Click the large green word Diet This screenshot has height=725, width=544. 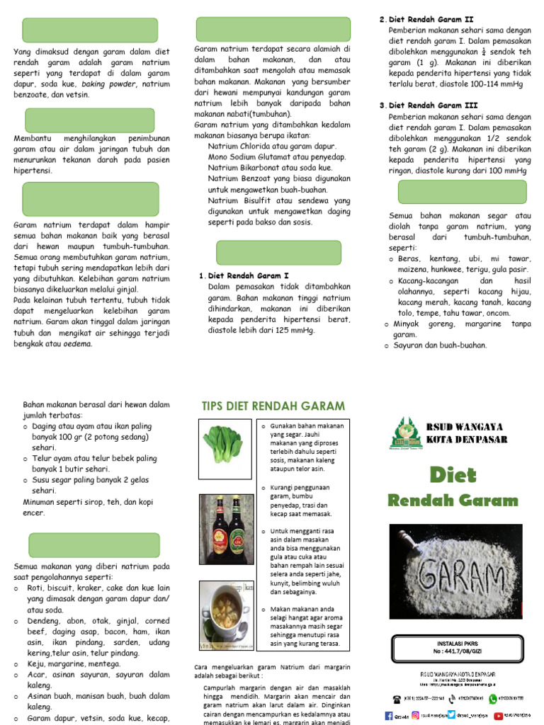pyautogui.click(x=453, y=475)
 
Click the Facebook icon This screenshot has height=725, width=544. pyautogui.click(x=389, y=717)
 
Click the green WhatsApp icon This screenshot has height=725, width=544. pyautogui.click(x=493, y=698)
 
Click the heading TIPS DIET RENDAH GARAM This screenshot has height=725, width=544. pyautogui.click(x=273, y=406)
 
